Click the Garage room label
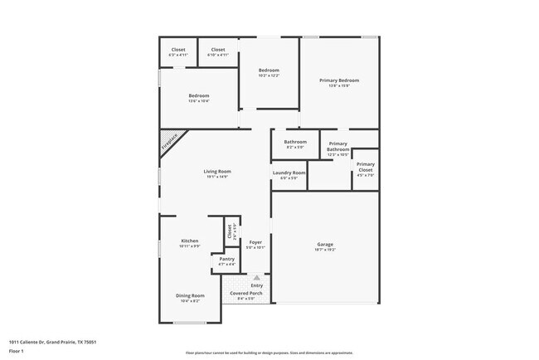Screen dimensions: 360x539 325,244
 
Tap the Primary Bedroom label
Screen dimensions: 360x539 340,80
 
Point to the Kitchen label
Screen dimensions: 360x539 190,241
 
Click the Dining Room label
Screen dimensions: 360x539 190,295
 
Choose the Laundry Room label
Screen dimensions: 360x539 289,173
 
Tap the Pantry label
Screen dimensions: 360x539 226,259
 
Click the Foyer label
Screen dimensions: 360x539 255,242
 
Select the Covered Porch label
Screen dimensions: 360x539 245,294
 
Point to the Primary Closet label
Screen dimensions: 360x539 366,164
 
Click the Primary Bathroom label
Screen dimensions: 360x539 337,146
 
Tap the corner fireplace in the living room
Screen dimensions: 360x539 171,141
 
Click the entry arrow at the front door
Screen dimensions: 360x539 256,277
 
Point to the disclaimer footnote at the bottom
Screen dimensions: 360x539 269,353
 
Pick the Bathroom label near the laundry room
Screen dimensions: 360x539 295,142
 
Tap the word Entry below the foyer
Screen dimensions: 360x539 257,286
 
